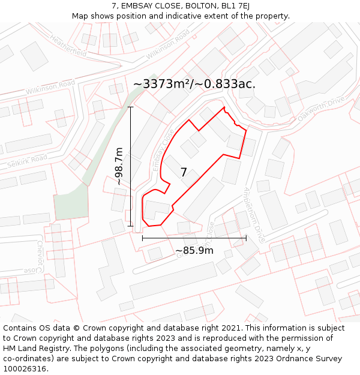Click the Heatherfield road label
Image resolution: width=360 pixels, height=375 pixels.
68,47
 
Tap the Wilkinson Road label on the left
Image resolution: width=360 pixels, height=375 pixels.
50,86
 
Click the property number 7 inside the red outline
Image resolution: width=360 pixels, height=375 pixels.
184,172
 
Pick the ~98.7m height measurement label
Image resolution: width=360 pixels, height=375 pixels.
119,166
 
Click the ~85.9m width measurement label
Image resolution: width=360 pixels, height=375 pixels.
194,250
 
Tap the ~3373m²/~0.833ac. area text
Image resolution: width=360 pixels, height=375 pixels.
194,84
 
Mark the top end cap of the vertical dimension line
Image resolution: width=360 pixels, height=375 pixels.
131,107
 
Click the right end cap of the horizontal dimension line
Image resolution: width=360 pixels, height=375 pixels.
246,238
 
